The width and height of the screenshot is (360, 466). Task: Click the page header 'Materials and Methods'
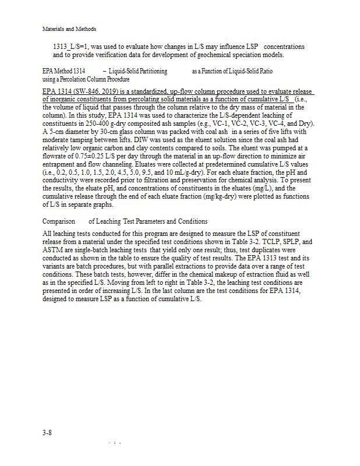click(x=69, y=29)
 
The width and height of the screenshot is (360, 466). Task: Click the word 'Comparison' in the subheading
click(x=59, y=221)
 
